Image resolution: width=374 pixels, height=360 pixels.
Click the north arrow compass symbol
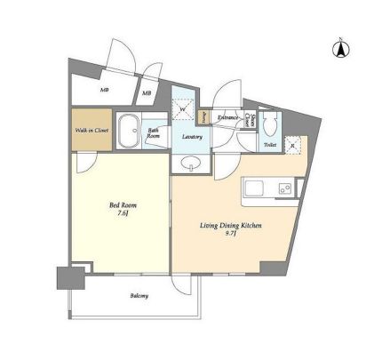tap(338, 48)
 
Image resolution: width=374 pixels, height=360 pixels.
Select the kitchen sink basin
tap(252, 188)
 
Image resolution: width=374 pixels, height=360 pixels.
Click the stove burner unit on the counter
tap(284, 188)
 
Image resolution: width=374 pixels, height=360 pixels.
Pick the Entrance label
tap(227, 116)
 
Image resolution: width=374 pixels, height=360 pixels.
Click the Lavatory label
tap(191, 137)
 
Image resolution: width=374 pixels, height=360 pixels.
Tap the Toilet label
tap(269, 143)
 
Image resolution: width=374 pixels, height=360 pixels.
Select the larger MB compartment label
tap(105, 91)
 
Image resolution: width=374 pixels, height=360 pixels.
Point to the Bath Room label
tap(154, 133)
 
